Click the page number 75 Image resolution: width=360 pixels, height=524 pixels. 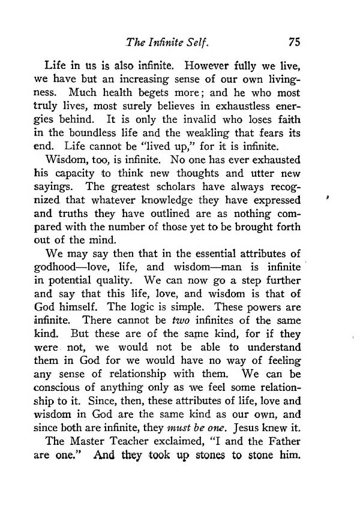293,42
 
